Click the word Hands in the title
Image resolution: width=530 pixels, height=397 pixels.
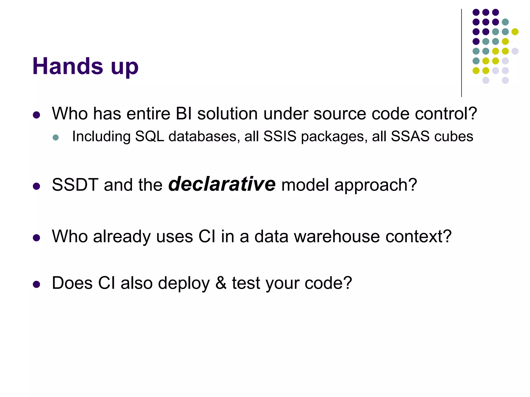pos(68,66)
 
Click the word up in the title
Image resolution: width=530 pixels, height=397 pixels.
pos(124,68)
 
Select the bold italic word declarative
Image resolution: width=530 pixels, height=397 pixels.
pos(222,184)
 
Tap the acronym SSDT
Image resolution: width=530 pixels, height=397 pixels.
pos(75,185)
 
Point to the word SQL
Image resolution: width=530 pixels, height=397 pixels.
pos(150,136)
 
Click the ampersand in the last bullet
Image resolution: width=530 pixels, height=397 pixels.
pos(221,283)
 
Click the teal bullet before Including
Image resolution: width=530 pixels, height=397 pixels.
pos(56,137)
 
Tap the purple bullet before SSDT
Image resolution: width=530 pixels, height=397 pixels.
pos(36,186)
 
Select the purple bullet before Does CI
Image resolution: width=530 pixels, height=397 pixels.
pos(36,284)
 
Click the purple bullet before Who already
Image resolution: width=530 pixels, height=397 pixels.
pos(36,238)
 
